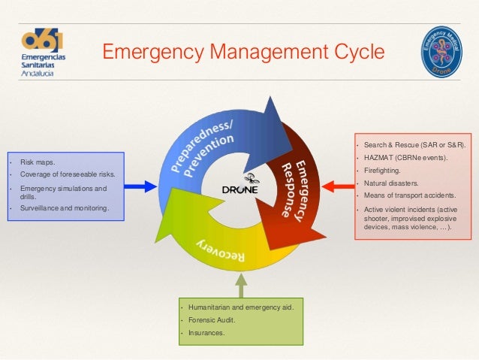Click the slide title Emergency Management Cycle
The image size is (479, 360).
243,52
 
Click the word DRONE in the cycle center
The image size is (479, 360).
240,189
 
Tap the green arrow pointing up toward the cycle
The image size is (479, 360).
240,285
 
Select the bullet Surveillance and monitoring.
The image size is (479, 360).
65,207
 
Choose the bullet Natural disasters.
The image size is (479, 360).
391,183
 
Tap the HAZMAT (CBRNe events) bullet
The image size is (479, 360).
405,157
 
